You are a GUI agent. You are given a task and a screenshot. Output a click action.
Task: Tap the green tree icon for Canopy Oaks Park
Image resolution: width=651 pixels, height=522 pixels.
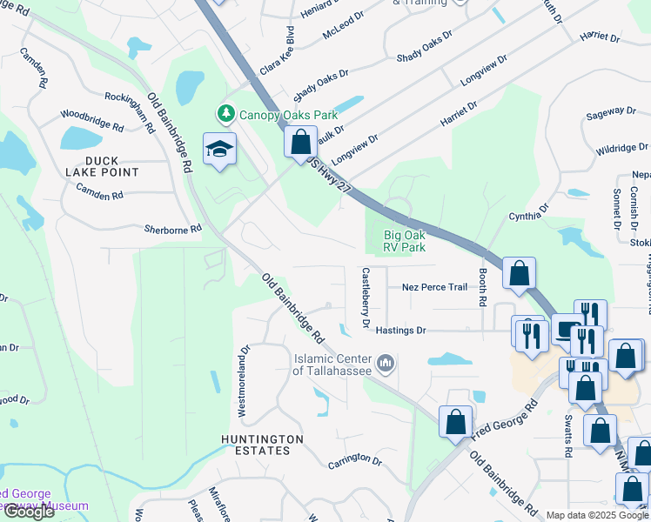pos(225,114)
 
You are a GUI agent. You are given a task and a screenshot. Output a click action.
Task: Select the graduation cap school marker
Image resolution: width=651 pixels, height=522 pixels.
pos(220,150)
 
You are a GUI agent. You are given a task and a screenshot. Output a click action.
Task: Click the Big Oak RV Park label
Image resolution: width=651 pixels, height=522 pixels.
pos(405,241)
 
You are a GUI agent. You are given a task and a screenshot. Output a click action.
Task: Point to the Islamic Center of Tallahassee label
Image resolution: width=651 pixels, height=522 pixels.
pos(332,365)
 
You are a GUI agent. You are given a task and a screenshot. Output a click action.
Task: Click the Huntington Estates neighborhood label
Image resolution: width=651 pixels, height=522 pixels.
pos(262,445)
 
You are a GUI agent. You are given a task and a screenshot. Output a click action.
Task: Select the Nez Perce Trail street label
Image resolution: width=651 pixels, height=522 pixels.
pos(434,287)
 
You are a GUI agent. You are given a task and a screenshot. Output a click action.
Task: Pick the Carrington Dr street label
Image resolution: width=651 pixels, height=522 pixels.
pos(356,461)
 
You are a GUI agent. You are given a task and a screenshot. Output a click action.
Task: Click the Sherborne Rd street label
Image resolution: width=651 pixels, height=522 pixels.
pos(172,230)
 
